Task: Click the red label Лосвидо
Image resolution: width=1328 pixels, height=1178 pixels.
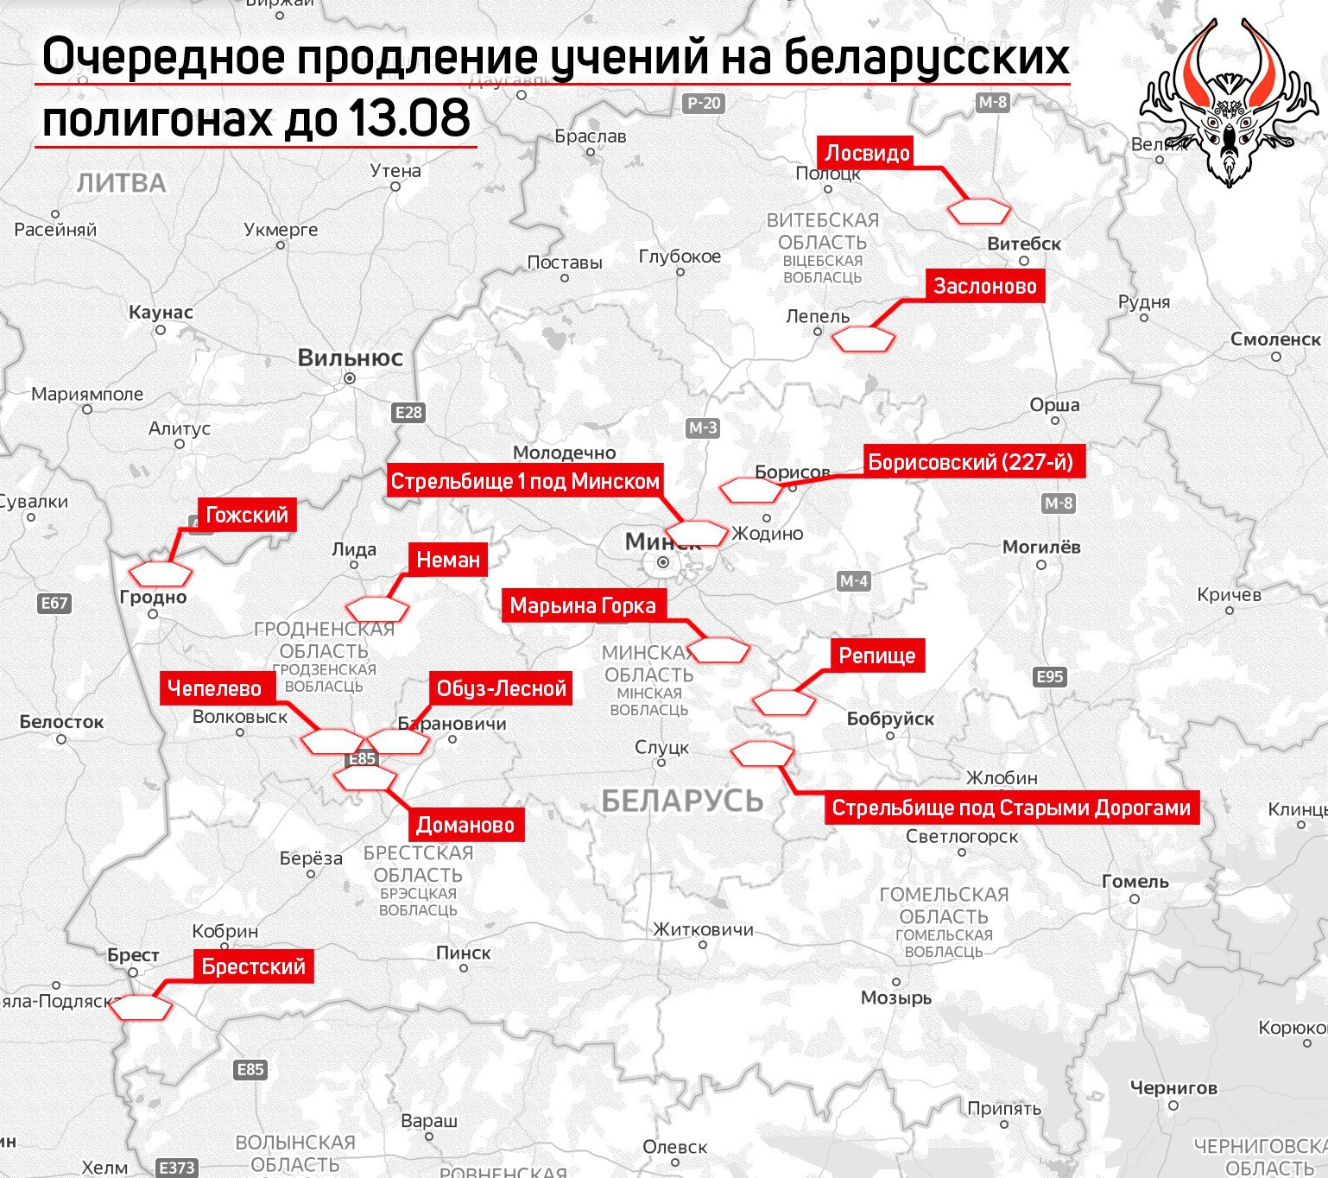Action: point(867,154)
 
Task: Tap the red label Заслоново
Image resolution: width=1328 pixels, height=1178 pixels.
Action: point(984,287)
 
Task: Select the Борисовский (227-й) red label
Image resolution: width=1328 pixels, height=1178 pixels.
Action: point(970,462)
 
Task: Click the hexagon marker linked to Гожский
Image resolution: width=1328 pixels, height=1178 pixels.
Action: point(161,573)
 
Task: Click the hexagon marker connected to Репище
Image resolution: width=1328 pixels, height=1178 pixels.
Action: point(784,702)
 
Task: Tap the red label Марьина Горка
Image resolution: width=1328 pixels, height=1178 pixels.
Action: point(583,605)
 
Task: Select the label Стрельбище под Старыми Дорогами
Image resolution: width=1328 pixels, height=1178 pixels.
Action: point(1011,808)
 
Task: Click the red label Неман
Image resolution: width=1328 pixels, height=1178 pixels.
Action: point(448,560)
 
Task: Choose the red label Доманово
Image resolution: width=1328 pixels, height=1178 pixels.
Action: point(465,825)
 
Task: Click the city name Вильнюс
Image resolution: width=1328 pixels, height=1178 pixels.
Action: point(350,358)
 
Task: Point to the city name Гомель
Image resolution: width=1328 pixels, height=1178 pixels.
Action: point(1135,882)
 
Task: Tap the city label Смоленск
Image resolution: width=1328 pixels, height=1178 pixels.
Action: point(1275,339)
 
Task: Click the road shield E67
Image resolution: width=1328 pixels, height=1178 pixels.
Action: point(54,603)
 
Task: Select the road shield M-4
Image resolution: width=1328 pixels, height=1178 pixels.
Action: point(853,581)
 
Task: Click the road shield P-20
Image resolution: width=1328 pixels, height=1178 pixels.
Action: point(704,103)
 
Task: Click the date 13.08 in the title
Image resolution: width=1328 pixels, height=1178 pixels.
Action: point(409,118)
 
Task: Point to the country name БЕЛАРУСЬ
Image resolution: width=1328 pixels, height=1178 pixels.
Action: point(682,801)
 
